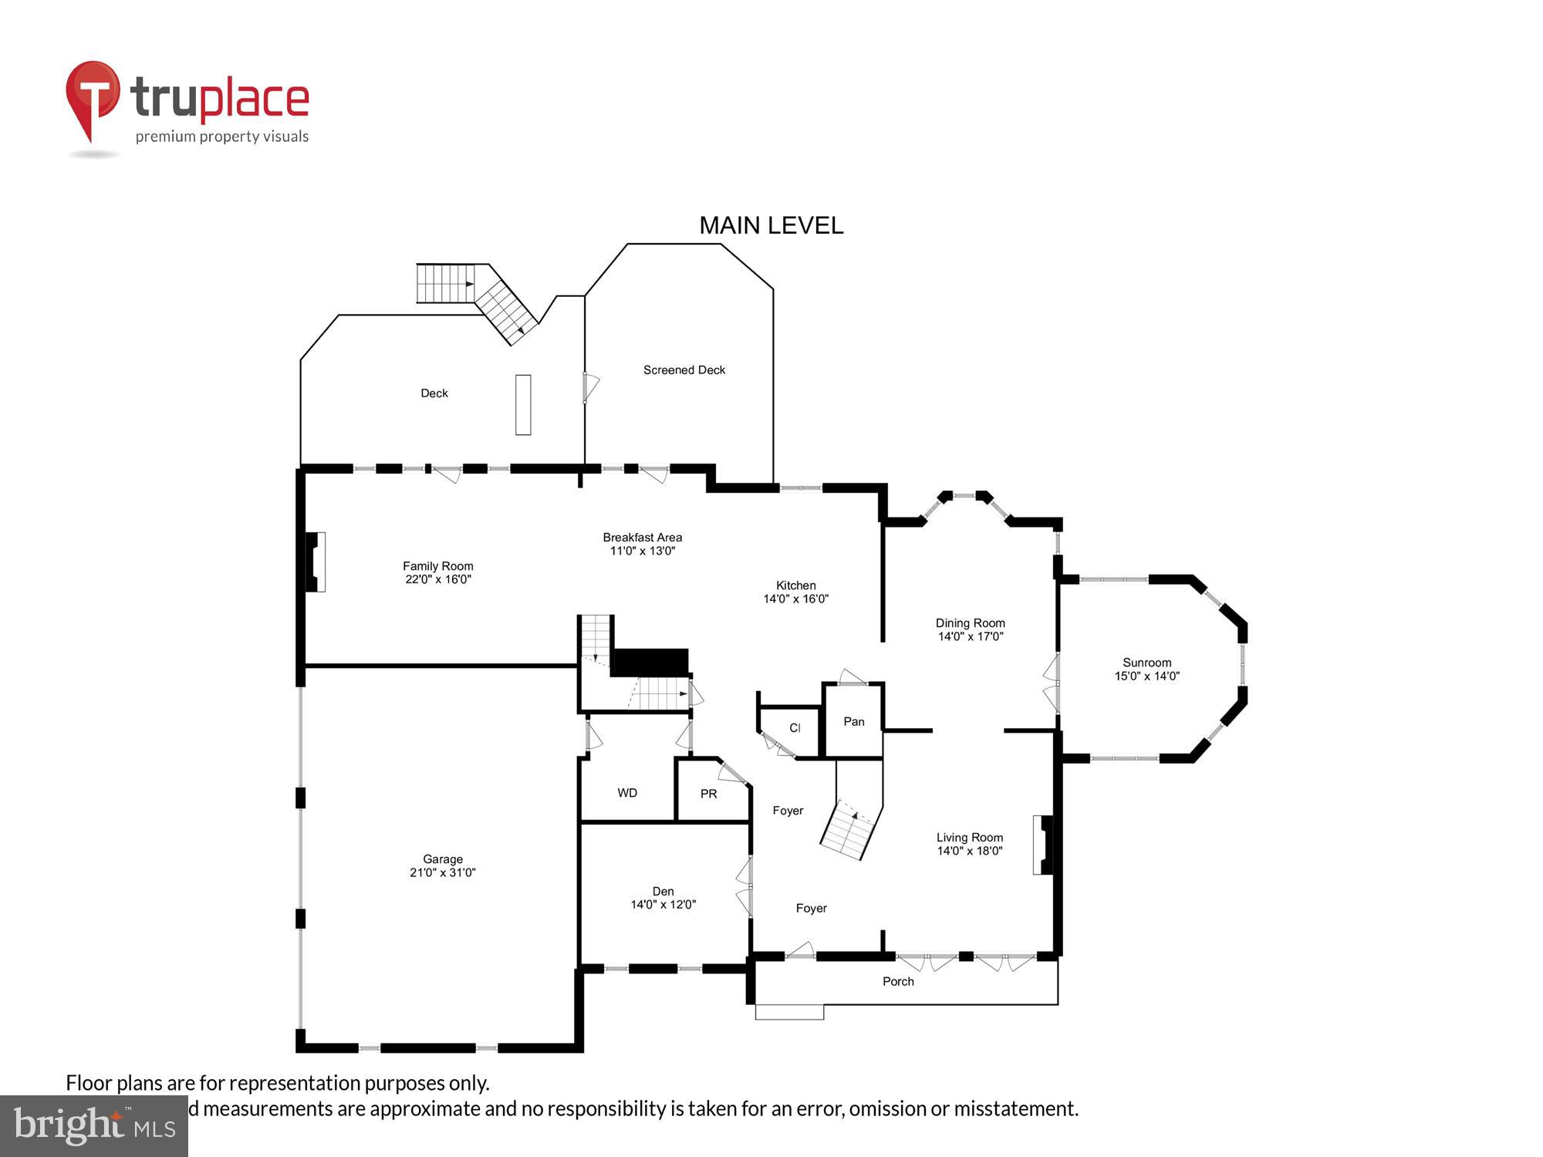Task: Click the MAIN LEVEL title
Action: click(771, 225)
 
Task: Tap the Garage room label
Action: click(442, 858)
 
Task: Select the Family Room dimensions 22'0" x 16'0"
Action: click(438, 579)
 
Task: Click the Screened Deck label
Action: click(684, 370)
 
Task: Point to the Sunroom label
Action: click(1146, 663)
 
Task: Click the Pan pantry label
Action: click(853, 722)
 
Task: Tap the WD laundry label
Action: click(627, 793)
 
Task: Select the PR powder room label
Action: click(708, 794)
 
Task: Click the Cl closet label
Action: click(795, 728)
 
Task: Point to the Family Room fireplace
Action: click(316, 562)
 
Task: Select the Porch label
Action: click(898, 981)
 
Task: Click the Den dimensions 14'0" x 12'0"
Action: click(663, 905)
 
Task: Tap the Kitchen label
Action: click(795, 585)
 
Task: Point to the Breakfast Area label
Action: click(642, 538)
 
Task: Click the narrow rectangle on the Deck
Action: click(523, 405)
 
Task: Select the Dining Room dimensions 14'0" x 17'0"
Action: click(970, 637)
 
